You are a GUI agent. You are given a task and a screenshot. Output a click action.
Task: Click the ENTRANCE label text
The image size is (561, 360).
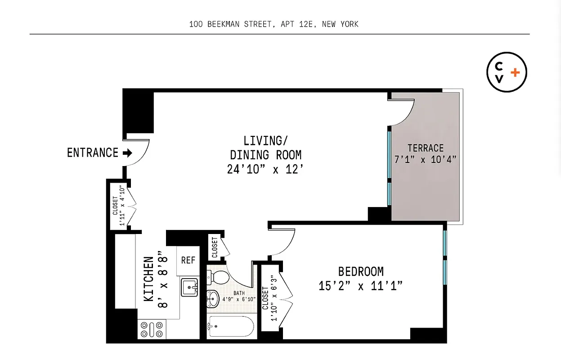(92, 153)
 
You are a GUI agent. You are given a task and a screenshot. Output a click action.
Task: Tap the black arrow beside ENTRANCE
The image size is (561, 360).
(127, 153)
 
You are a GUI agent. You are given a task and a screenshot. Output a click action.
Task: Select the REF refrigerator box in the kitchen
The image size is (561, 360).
(188, 261)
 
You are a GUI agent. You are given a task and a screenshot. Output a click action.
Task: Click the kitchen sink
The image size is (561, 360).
(190, 287)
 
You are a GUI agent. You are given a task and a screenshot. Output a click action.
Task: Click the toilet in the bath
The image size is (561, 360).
(219, 277)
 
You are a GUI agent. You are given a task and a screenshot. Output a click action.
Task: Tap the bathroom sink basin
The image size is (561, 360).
(213, 297)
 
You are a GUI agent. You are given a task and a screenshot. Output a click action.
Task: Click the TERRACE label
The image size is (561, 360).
(425, 148)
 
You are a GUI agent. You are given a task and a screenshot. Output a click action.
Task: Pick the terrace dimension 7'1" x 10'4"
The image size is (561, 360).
(425, 159)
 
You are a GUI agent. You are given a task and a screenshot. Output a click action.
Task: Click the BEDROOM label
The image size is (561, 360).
(361, 272)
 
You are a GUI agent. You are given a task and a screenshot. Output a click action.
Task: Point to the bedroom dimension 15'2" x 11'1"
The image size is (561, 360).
(361, 286)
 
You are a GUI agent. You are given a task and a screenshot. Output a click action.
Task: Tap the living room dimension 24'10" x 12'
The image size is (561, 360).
(265, 170)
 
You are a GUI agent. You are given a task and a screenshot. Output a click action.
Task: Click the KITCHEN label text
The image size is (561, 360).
(149, 279)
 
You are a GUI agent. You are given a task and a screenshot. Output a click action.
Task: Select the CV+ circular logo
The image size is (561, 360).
(507, 72)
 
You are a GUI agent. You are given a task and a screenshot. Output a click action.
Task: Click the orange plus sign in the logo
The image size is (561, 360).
(516, 72)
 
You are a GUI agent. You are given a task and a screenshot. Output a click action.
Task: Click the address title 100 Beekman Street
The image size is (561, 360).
(274, 24)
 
